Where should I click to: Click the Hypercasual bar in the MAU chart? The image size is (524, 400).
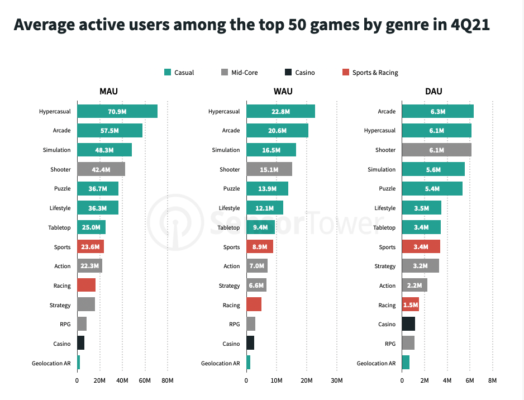coord(117,111)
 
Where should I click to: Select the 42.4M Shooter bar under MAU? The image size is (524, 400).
coord(101,169)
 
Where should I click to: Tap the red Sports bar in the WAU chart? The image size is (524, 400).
coord(260,247)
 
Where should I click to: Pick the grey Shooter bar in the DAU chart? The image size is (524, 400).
coord(436,150)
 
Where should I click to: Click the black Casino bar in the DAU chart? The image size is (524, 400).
coord(408,324)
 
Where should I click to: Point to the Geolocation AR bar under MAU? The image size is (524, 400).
coord(79,363)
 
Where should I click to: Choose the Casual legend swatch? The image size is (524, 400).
coord(167,72)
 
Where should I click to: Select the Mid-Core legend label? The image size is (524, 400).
coord(244,72)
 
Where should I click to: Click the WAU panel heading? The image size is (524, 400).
coord(283,91)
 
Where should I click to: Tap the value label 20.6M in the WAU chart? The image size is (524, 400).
coord(277,131)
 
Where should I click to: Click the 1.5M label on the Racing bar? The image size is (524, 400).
coord(411,305)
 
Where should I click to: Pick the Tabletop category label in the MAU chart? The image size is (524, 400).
coord(59,227)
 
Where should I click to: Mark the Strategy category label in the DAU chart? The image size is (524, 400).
coord(385,266)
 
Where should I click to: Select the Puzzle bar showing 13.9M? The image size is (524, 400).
coord(267,189)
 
